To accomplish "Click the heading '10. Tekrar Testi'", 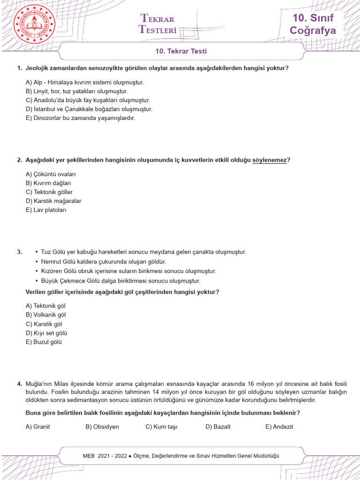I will (181, 52).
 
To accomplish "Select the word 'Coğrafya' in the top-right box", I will (313, 31).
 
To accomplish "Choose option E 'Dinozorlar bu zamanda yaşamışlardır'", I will (80, 118).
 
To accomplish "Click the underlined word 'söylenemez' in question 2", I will (269, 160).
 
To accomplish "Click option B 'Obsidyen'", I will (102, 427).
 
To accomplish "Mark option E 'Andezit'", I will (279, 427).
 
